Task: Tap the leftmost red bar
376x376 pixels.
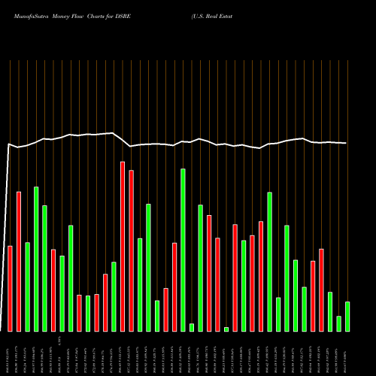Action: pos(11,289)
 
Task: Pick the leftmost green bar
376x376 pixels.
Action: pos(28,287)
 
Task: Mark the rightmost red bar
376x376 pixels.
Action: pos(321,290)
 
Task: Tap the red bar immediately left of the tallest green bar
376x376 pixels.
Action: pos(174,287)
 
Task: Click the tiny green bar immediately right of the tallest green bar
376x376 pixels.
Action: pos(192,327)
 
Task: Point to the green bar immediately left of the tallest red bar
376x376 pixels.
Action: pos(114,296)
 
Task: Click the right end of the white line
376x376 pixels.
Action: pos(346,143)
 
